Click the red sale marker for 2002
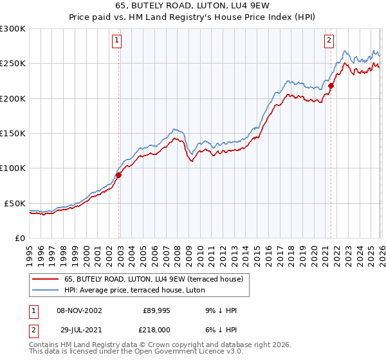click(x=119, y=175)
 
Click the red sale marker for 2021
click(x=331, y=85)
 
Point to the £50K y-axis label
click(x=15, y=203)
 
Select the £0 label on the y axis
click(x=19, y=238)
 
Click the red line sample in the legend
click(x=46, y=279)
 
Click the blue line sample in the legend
click(x=46, y=289)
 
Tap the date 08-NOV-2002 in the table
click(x=78, y=310)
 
